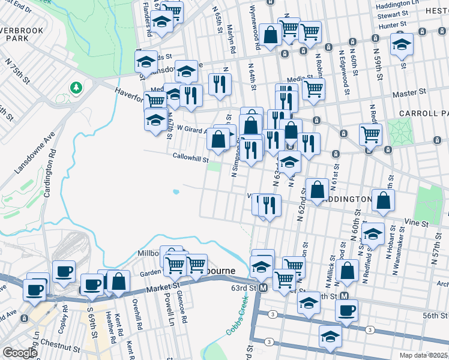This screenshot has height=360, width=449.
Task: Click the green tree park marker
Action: [x=76, y=88]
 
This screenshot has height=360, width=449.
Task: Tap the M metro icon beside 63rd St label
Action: [x=262, y=289]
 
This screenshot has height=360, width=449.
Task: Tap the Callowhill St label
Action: [x=190, y=160]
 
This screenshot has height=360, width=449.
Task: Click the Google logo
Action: [x=20, y=353]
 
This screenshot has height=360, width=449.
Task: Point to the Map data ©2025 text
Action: [x=424, y=355]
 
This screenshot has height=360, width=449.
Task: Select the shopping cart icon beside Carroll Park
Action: [x=370, y=134]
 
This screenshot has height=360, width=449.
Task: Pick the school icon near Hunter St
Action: [x=402, y=44]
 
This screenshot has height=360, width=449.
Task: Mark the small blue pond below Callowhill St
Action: [x=175, y=193]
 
